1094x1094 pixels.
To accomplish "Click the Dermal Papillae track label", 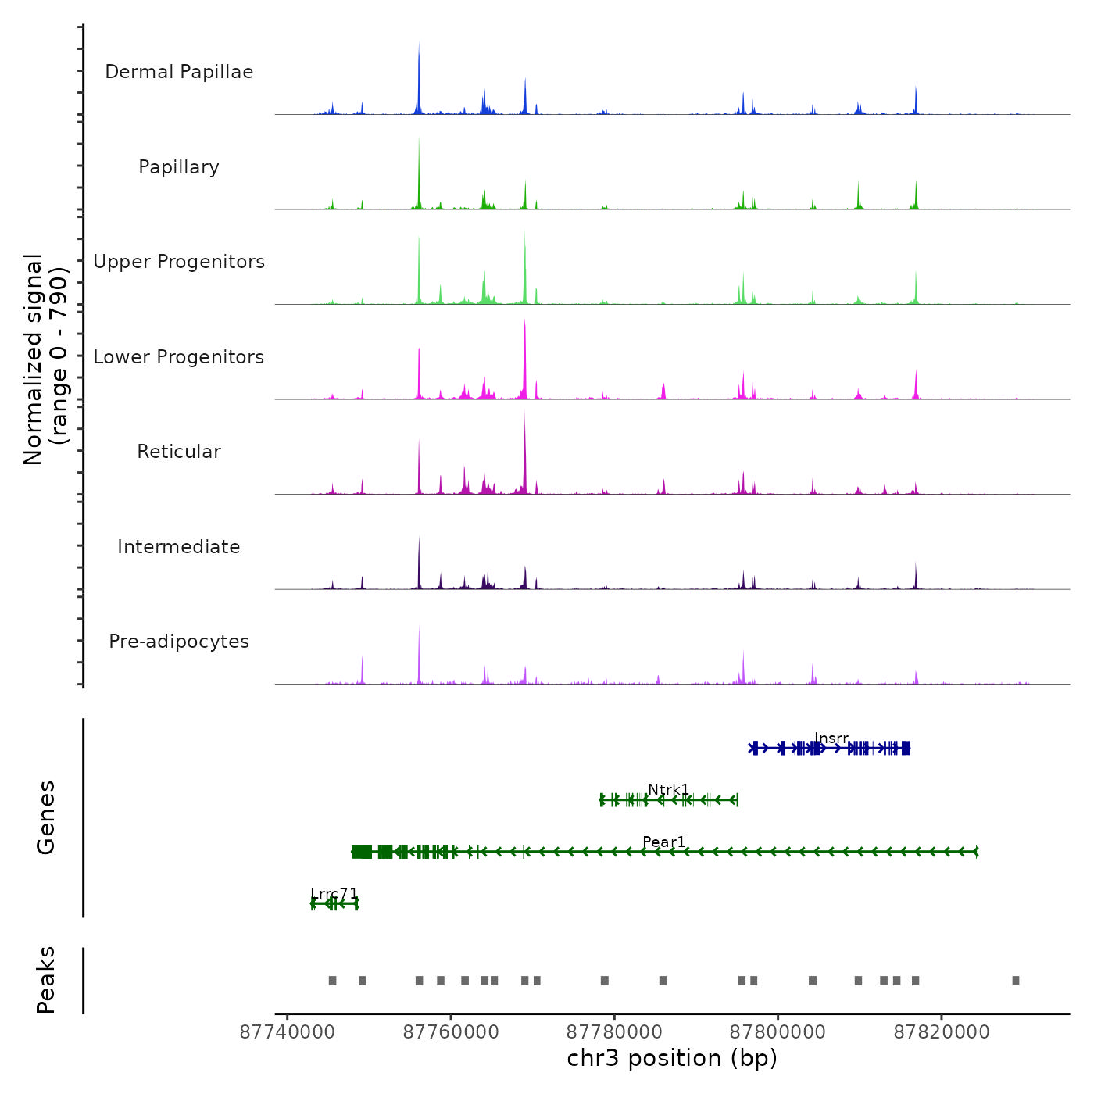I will click(179, 72).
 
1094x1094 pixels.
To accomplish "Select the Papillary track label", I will click(179, 167).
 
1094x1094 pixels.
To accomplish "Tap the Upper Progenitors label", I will click(179, 262).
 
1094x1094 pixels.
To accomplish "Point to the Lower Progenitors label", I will click(179, 357).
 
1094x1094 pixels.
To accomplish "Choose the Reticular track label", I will click(179, 452).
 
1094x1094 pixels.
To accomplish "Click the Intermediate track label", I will click(179, 547).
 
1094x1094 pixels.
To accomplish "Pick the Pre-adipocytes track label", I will click(179, 642).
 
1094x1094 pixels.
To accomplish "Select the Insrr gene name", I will click(831, 738).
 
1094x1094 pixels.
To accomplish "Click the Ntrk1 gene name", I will click(669, 789).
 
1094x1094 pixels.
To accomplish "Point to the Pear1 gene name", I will click(664, 842).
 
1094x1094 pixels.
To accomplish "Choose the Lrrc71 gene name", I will click(334, 893).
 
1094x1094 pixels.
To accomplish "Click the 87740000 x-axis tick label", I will click(288, 1032).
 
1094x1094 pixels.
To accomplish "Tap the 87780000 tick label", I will click(614, 1032).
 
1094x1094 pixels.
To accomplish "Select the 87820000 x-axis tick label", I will click(942, 1032).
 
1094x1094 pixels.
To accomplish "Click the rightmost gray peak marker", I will click(1016, 981).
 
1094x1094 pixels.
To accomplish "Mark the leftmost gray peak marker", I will click(332, 981).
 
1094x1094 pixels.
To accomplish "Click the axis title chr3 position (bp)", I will click(672, 1059).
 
